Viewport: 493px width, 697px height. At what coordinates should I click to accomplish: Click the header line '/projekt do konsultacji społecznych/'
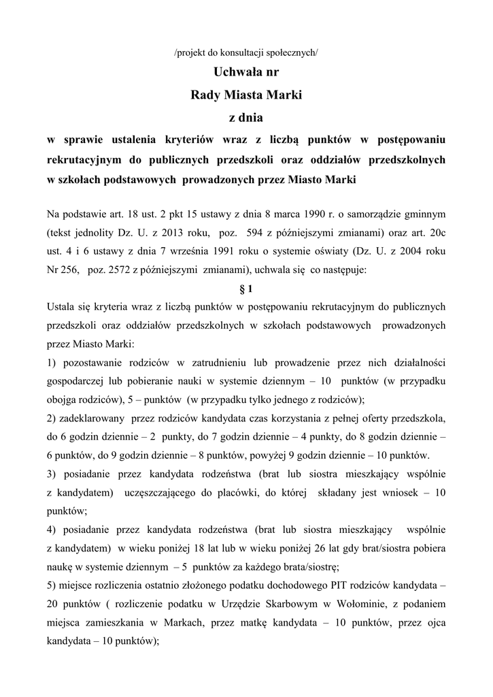[246, 53]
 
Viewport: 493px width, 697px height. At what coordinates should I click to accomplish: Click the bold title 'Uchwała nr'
[246, 72]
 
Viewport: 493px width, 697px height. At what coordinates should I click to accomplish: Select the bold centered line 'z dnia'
[246, 117]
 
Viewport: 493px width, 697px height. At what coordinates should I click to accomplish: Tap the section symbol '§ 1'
[246, 287]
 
